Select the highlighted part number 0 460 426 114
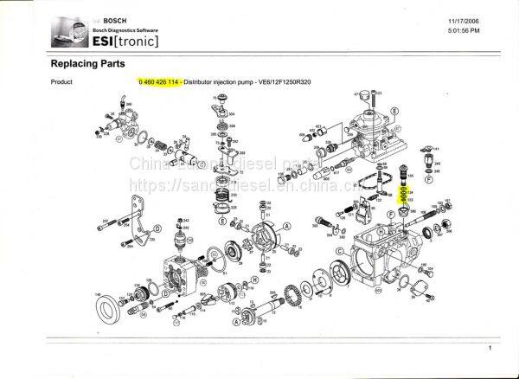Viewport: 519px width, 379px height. [159, 81]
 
